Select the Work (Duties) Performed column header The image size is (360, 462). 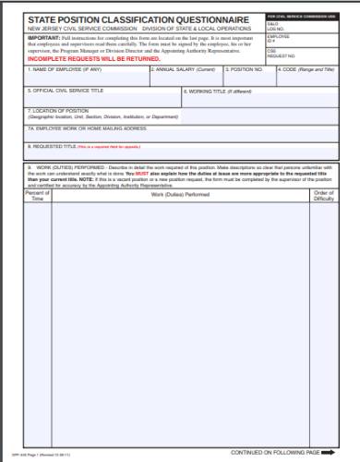click(x=181, y=195)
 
